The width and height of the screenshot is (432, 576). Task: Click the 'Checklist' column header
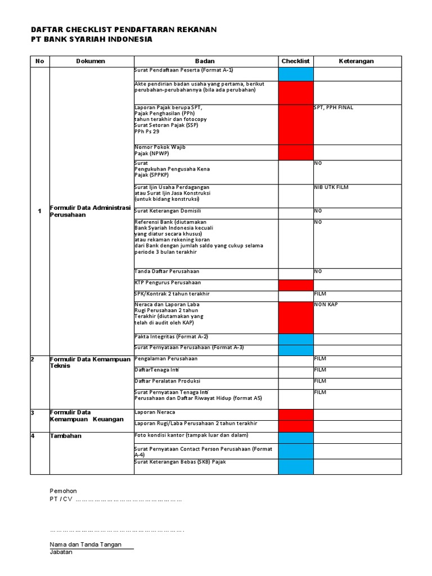pyautogui.click(x=295, y=61)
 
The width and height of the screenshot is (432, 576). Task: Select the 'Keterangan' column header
pyautogui.click(x=356, y=61)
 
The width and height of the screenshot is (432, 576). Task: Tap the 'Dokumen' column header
pyautogui.click(x=91, y=61)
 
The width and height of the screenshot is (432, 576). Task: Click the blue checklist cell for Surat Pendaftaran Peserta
pyautogui.click(x=296, y=74)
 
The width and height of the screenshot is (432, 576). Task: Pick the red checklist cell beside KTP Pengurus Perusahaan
pyautogui.click(x=296, y=285)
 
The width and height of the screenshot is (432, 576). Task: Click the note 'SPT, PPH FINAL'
pyautogui.click(x=334, y=107)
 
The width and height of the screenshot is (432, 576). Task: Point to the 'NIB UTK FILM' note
pyautogui.click(x=331, y=187)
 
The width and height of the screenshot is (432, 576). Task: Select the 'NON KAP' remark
pyautogui.click(x=326, y=304)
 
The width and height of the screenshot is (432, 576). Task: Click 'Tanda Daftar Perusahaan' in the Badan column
pyautogui.click(x=167, y=271)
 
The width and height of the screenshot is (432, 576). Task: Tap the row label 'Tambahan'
pyautogui.click(x=65, y=435)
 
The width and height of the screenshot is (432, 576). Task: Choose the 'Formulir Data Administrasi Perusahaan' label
pyautogui.click(x=90, y=211)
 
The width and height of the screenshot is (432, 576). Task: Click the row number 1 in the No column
pyautogui.click(x=39, y=211)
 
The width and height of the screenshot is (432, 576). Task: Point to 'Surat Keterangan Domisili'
pyautogui.click(x=168, y=210)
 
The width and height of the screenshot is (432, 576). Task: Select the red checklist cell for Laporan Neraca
pyautogui.click(x=296, y=415)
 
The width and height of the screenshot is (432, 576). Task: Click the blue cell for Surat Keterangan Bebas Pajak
pyautogui.click(x=296, y=466)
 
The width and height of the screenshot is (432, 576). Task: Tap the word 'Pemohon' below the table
pyautogui.click(x=63, y=490)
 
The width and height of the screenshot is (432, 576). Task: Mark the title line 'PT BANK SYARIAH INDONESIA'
pyautogui.click(x=91, y=39)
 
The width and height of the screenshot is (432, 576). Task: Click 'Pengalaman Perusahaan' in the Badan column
pyautogui.click(x=166, y=358)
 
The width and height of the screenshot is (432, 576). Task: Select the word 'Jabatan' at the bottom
pyautogui.click(x=61, y=552)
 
